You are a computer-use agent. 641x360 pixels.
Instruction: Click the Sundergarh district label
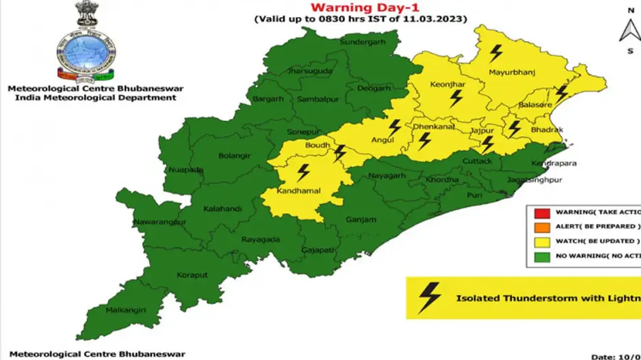(x=363, y=42)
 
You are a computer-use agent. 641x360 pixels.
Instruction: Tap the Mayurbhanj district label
(x=511, y=73)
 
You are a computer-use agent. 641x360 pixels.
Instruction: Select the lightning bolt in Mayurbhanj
(x=496, y=53)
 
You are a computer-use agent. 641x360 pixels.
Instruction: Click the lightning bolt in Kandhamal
(x=303, y=172)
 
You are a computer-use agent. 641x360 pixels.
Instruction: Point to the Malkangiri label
(x=126, y=310)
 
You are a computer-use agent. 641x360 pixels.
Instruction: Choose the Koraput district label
(x=192, y=275)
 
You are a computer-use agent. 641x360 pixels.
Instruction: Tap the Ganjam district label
(x=361, y=219)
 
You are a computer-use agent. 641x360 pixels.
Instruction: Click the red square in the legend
(x=542, y=212)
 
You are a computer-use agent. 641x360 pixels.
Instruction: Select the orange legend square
(x=542, y=226)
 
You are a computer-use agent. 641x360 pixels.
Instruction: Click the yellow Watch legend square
(x=542, y=241)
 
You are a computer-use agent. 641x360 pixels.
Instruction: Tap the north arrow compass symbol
(x=629, y=31)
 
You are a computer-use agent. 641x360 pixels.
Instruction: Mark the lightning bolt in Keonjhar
(x=456, y=98)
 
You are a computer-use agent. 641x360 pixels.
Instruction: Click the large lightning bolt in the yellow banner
(x=430, y=297)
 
